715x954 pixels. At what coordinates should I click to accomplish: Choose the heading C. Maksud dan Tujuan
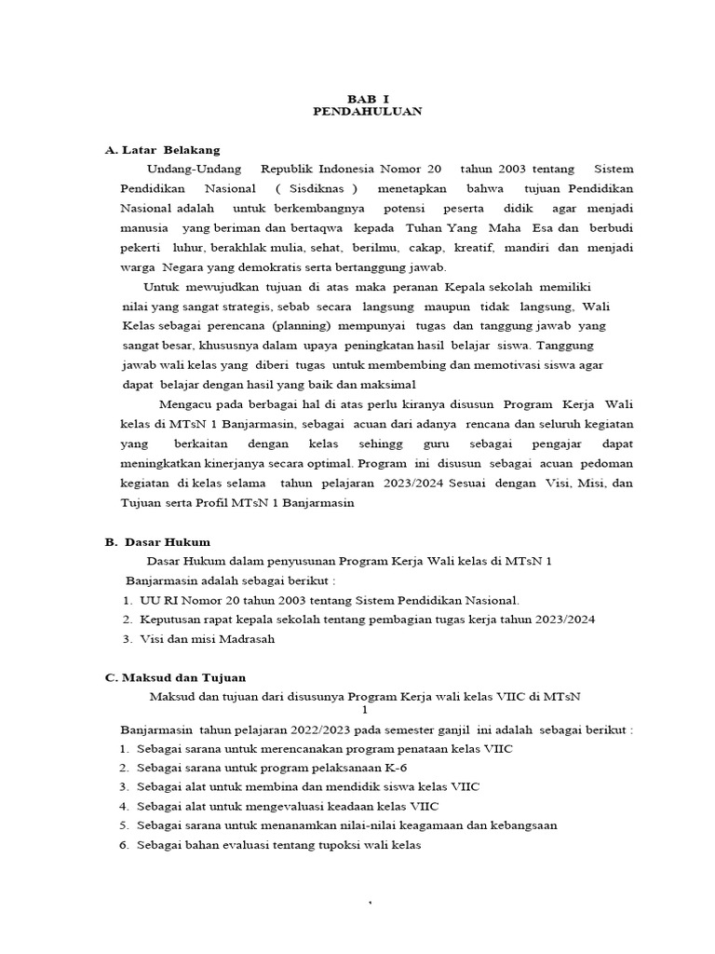tap(175, 677)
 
